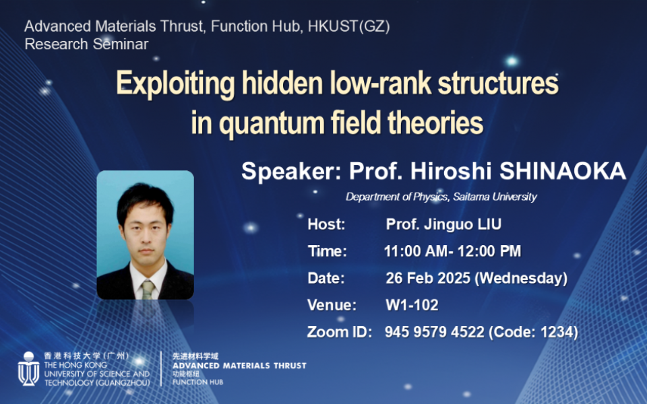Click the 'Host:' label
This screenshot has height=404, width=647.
pyautogui.click(x=326, y=224)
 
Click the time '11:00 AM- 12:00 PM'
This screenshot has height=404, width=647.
pyautogui.click(x=452, y=252)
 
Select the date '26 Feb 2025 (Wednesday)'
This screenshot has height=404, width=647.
pyautogui.click(x=476, y=278)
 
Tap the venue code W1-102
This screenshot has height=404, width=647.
pyautogui.click(x=412, y=305)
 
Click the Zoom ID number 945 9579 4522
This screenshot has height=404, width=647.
pyautogui.click(x=434, y=332)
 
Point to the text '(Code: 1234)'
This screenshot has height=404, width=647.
pyautogui.click(x=533, y=332)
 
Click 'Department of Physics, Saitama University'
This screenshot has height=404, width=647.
pyautogui.click(x=441, y=197)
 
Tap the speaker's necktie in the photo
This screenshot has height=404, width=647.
pyautogui.click(x=147, y=290)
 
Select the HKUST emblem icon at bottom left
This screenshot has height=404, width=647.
pyautogui.click(x=28, y=369)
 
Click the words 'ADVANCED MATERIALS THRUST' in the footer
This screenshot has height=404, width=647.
pyautogui.click(x=239, y=366)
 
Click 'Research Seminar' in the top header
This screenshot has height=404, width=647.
pyautogui.click(x=86, y=44)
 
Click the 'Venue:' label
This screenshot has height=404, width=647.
pyautogui.click(x=332, y=305)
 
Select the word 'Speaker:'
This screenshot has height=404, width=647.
pyautogui.click(x=291, y=172)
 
